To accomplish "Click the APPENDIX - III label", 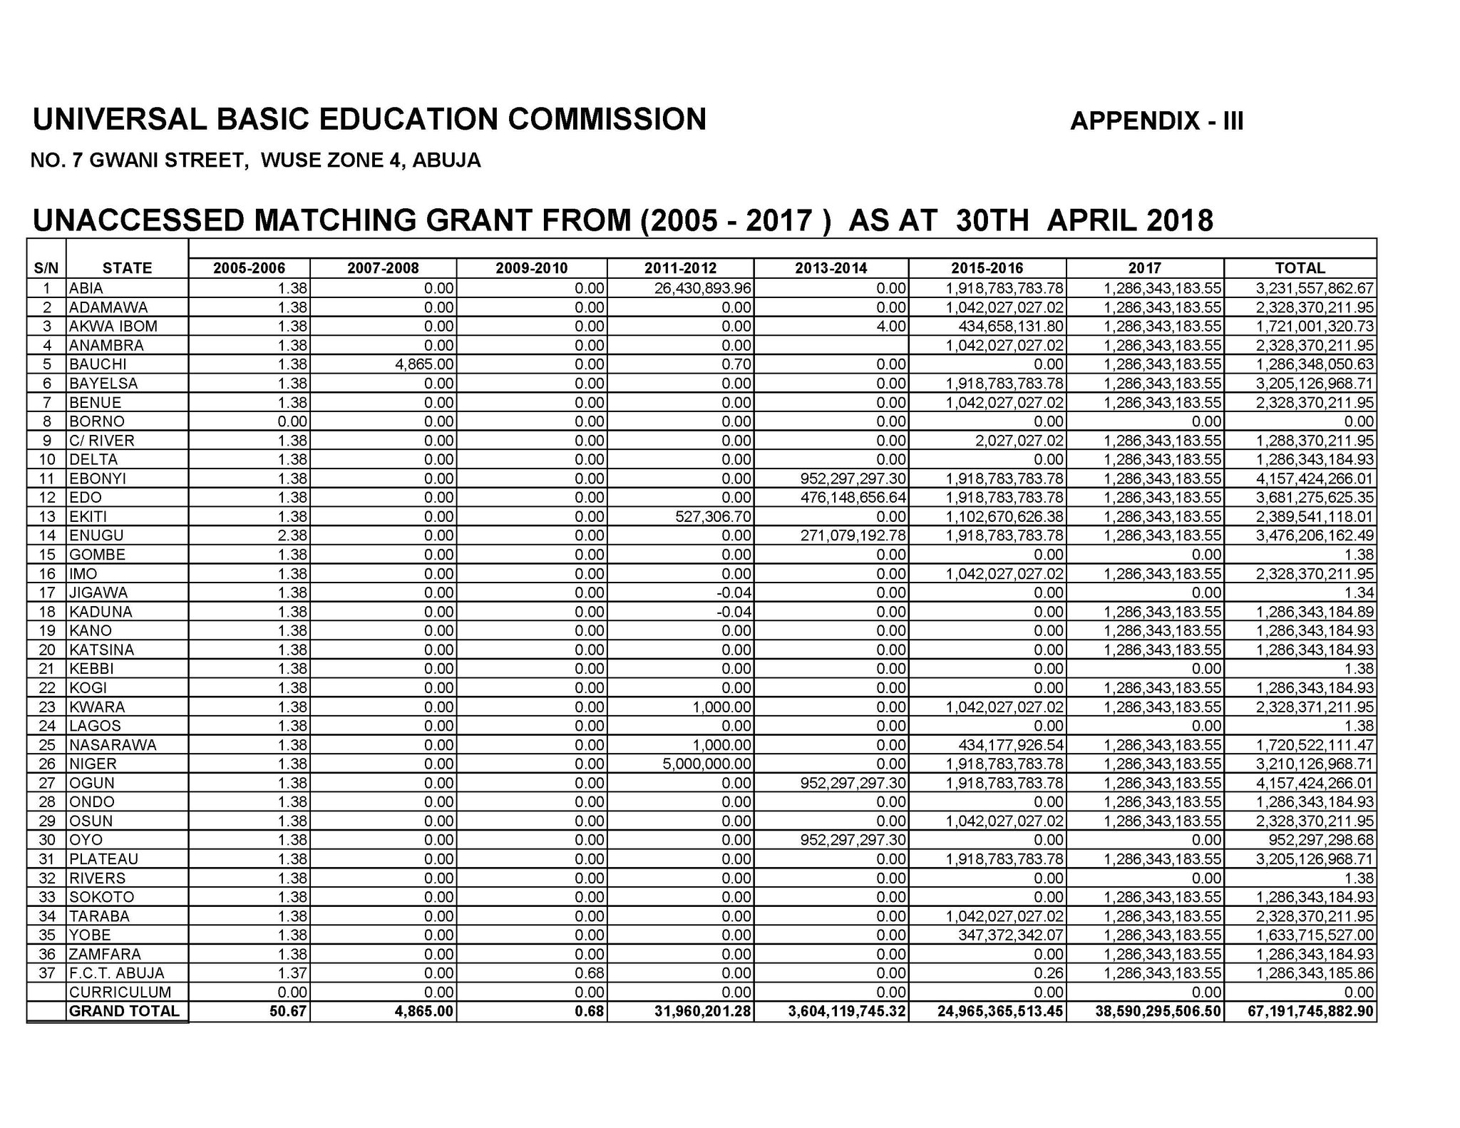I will point(1156,121).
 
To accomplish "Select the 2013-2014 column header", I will point(831,268).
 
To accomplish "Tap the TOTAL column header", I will point(1300,268).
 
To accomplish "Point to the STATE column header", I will point(127,268).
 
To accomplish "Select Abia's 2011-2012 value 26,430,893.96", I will point(706,288).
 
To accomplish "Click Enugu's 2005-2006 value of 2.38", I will point(292,535).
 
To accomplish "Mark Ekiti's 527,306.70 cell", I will point(713,516).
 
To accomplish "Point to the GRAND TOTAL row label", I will point(124,1012).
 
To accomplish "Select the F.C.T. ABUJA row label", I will point(116,973).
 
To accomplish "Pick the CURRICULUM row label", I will point(120,993).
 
